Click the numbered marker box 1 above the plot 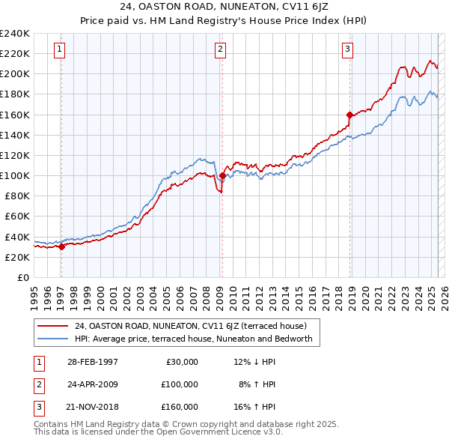coord(60,50)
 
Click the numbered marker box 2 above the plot coord(221,50)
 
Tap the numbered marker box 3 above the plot coord(348,50)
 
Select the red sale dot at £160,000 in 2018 coord(349,115)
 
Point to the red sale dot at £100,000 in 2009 coord(222,176)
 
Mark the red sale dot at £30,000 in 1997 coord(61,247)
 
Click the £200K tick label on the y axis coord(15,74)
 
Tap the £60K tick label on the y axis coord(17,217)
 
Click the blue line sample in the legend coord(54,339)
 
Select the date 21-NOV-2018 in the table coord(93,407)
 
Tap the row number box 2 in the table coord(37,384)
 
